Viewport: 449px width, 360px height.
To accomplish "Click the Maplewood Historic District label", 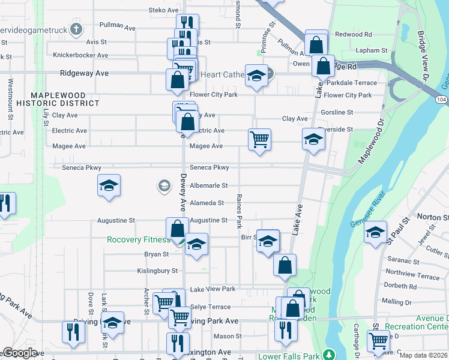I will [x=65, y=99].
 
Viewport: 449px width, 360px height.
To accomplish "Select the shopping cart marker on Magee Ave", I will [x=259, y=139].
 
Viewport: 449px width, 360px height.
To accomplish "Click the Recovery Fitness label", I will [x=138, y=239].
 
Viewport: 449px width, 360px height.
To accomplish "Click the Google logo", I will [x=20, y=353].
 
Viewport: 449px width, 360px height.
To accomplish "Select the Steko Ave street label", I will [x=163, y=10].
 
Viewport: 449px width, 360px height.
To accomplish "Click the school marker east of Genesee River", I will [x=375, y=232].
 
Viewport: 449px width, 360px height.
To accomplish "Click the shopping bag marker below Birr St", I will [x=285, y=264].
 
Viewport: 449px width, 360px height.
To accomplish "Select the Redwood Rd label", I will [x=354, y=35].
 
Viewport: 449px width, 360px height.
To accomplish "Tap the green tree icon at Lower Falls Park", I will [x=328, y=353].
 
